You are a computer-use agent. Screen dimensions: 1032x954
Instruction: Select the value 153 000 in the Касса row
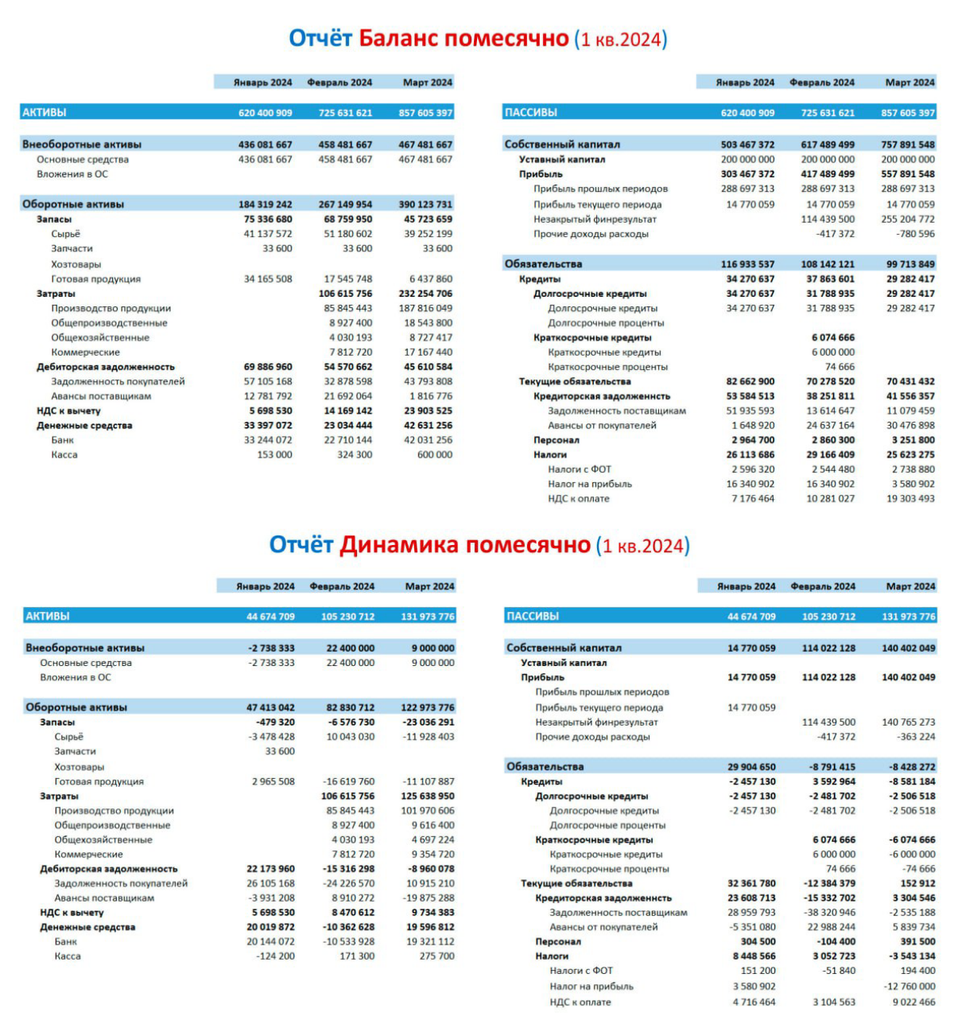click(273, 455)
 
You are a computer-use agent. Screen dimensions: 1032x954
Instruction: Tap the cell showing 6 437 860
click(430, 279)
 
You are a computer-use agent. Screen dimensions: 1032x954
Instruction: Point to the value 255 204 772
click(907, 219)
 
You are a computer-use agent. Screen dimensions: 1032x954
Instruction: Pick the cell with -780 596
click(916, 234)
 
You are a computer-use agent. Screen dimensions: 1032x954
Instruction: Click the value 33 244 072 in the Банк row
click(268, 440)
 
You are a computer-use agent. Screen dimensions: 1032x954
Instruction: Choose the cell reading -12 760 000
click(909, 987)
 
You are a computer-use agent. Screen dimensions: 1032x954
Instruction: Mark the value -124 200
click(276, 956)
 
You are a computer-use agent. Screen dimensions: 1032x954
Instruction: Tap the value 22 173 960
click(270, 869)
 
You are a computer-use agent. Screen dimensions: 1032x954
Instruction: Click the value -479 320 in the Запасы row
click(276, 722)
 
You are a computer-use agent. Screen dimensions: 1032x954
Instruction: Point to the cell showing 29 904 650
click(751, 767)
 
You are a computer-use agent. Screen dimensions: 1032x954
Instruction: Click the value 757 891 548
click(907, 145)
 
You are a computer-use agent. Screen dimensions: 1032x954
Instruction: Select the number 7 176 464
click(752, 499)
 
